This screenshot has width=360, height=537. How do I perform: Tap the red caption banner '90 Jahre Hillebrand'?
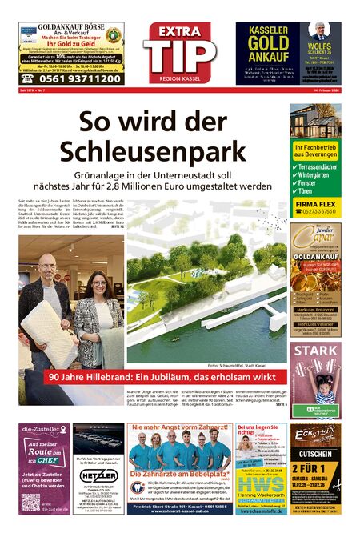160,377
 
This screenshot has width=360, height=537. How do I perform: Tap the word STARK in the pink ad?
314,351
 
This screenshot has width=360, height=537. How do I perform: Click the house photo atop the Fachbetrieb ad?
314,121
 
